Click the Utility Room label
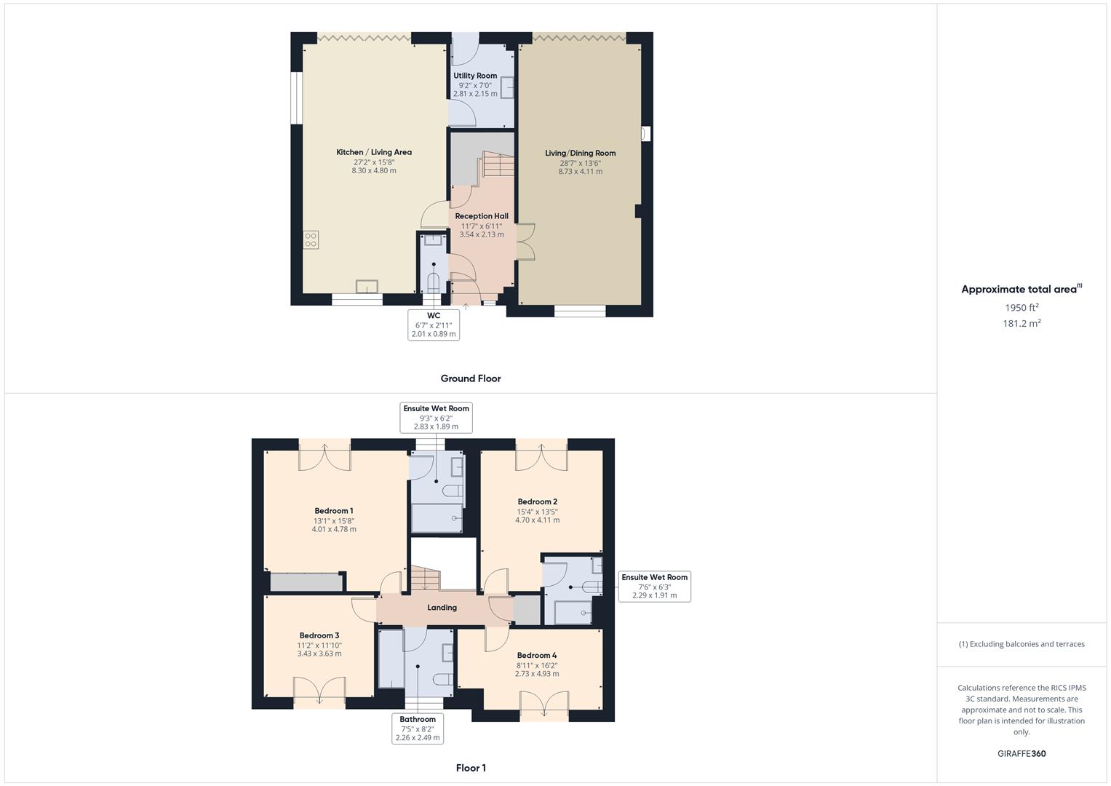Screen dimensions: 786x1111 coord(475,76)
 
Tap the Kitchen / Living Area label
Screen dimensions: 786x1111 coord(374,152)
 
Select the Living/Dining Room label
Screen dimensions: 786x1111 coord(580,153)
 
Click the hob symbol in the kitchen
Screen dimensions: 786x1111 coord(311,240)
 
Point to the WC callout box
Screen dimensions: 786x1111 coord(434,325)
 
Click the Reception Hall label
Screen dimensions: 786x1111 coord(482,216)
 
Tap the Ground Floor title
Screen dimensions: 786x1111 coord(471,378)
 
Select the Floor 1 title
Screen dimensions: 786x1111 coord(471,768)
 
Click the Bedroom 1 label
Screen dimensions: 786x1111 coord(334,511)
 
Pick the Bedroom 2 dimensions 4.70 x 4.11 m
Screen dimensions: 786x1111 coord(538,520)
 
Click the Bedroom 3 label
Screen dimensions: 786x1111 coord(319,635)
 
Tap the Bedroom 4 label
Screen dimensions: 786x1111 coord(537,655)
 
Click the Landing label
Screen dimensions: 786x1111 coord(442,608)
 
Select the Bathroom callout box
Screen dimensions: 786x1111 coord(418,729)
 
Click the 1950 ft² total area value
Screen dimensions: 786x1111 coord(1022,308)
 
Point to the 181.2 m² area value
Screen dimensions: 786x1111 coord(1022,324)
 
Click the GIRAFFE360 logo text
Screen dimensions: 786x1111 coord(1022,754)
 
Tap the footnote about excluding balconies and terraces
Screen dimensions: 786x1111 coord(1022,644)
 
